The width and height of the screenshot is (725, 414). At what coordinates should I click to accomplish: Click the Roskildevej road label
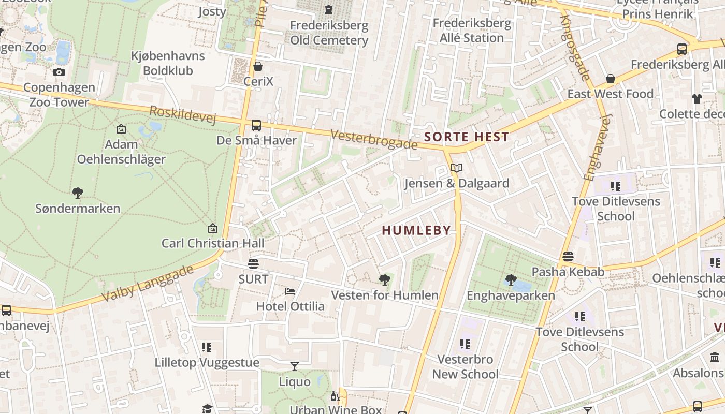tap(182, 115)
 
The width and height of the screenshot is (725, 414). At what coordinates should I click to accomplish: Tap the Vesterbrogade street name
tap(373, 139)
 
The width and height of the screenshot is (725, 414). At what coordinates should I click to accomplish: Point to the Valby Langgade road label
tap(148, 283)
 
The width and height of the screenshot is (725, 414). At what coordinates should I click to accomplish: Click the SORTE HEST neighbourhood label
tap(467, 137)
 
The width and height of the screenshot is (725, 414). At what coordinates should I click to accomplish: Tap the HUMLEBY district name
tap(416, 231)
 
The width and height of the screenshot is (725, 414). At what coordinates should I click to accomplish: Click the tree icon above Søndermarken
tap(78, 193)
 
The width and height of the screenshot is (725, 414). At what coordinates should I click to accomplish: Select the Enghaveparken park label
tap(511, 295)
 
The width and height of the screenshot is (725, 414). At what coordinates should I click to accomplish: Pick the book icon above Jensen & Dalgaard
tap(456, 168)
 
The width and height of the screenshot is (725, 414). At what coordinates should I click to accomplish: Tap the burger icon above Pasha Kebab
tap(568, 257)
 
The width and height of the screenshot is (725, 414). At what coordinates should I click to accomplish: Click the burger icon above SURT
tap(253, 264)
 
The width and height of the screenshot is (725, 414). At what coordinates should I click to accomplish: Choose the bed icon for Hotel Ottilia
tap(290, 291)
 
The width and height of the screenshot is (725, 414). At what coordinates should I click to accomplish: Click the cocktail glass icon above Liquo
tap(295, 366)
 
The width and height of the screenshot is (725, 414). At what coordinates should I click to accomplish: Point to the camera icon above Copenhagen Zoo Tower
tap(59, 72)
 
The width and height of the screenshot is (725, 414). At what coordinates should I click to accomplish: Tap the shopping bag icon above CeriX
tap(258, 66)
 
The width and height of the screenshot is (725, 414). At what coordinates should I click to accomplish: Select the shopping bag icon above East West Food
tap(611, 79)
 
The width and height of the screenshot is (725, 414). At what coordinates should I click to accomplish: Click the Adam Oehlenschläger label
tap(121, 152)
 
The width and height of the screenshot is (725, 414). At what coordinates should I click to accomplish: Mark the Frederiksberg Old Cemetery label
tap(329, 33)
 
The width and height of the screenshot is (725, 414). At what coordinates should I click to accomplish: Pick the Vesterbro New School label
tap(465, 366)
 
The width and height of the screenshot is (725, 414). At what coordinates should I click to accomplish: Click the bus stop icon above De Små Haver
tap(256, 125)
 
